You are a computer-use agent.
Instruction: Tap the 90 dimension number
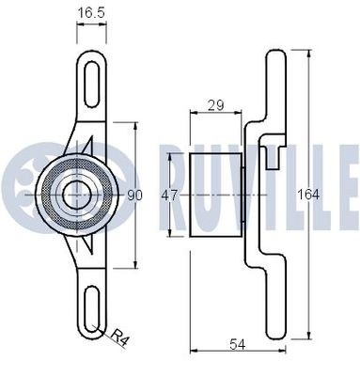(134, 196)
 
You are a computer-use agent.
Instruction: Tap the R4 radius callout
(118, 334)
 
